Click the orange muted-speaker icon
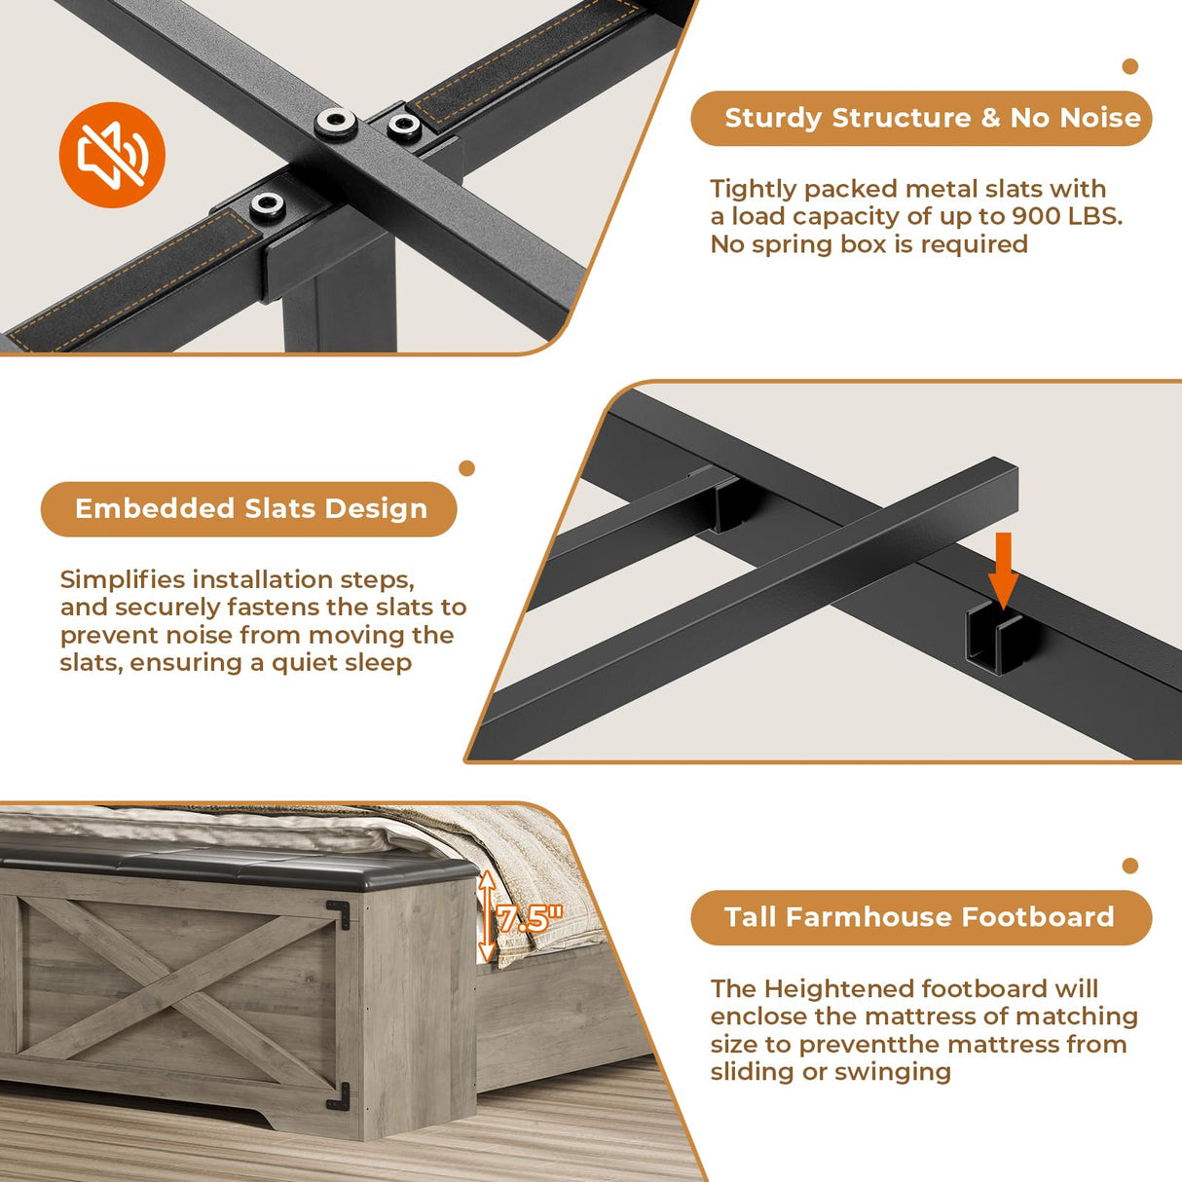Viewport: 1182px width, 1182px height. click(112, 155)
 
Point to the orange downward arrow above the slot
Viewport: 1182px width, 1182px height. click(1003, 571)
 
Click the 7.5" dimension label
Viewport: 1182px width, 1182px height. click(528, 918)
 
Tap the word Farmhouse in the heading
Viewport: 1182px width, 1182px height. click(869, 917)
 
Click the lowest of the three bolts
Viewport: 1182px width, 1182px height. click(268, 203)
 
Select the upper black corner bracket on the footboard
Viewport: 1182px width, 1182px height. click(339, 914)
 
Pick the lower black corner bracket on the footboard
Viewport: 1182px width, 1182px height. click(339, 1096)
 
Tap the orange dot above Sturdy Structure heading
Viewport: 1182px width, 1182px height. click(1129, 66)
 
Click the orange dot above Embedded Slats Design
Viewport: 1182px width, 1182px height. click(466, 468)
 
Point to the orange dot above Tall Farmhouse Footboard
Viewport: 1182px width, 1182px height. click(1129, 866)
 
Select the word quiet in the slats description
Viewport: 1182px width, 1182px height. click(304, 663)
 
